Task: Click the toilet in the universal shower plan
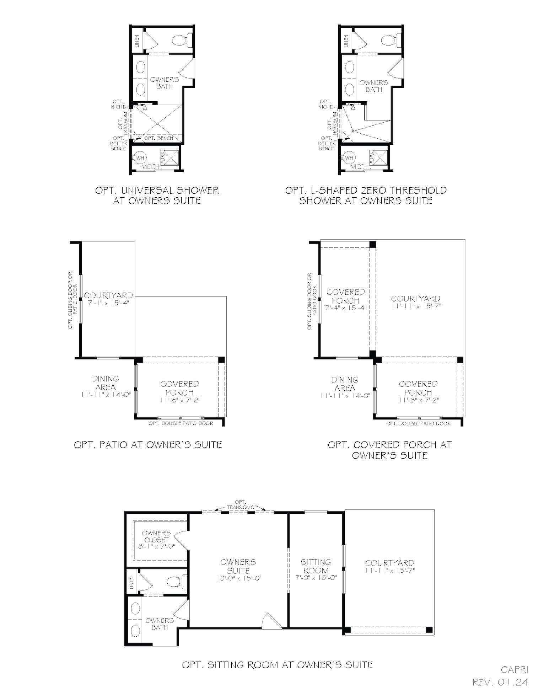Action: point(181,40)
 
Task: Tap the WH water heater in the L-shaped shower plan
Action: point(349,157)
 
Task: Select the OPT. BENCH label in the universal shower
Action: point(159,138)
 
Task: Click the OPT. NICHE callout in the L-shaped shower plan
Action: point(325,104)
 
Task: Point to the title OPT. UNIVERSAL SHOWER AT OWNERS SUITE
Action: point(157,196)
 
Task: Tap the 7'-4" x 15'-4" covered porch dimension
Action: point(345,308)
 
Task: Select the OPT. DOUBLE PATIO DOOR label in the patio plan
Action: point(181,423)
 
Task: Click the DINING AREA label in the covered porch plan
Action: point(345,384)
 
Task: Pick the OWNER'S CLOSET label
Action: point(156,536)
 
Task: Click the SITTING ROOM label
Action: point(316,566)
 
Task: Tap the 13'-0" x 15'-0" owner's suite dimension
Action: point(238,578)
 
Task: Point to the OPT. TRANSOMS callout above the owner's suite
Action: point(241,505)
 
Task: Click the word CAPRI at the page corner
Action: point(515,670)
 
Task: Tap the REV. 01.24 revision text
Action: point(500,682)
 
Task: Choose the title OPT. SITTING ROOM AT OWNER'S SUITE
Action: point(277,665)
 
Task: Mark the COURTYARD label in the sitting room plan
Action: point(389,563)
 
